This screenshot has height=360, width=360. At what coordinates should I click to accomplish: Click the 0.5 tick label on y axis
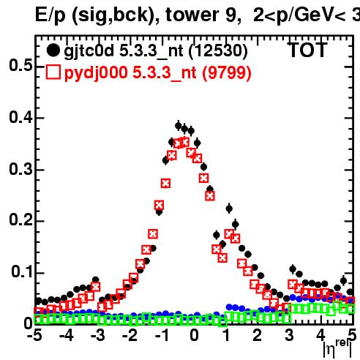(x=20, y=66)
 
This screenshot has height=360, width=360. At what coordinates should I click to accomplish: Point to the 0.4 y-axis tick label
(x=20, y=117)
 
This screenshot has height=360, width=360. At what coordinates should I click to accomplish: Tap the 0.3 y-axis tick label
(x=20, y=169)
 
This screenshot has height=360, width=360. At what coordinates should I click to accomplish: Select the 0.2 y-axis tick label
(x=20, y=220)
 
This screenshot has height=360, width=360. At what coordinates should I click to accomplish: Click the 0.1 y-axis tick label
(x=22, y=272)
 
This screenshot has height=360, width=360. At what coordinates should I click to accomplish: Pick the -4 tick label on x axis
(x=66, y=335)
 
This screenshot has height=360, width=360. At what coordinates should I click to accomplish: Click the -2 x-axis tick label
(x=130, y=335)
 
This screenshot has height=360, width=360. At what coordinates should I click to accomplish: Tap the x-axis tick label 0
(x=194, y=335)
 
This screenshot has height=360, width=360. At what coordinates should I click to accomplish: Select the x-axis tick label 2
(x=258, y=335)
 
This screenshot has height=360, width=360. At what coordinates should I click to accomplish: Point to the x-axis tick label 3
(x=289, y=335)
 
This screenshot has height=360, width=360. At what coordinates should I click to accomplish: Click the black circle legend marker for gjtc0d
(x=53, y=50)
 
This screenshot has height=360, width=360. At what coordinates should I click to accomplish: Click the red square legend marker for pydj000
(x=53, y=72)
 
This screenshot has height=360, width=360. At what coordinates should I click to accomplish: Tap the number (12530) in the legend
(x=218, y=51)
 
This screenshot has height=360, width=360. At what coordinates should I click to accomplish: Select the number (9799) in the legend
(x=227, y=72)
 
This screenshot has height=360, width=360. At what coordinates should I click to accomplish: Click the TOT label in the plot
(x=308, y=50)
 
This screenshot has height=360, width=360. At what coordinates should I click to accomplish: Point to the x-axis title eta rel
(x=338, y=348)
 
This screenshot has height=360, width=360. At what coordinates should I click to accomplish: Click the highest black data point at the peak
(x=179, y=126)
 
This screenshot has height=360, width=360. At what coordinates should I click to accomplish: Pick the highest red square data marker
(x=185, y=142)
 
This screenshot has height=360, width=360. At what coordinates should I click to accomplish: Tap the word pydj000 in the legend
(x=96, y=73)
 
